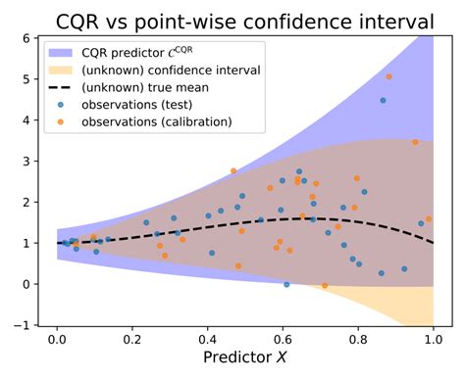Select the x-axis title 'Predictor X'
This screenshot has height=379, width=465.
click(x=244, y=358)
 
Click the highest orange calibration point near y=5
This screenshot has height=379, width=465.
click(x=389, y=76)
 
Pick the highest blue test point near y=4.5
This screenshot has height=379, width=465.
click(x=383, y=100)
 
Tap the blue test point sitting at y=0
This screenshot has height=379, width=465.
click(x=286, y=284)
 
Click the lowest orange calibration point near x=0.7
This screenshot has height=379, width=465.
click(x=325, y=285)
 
